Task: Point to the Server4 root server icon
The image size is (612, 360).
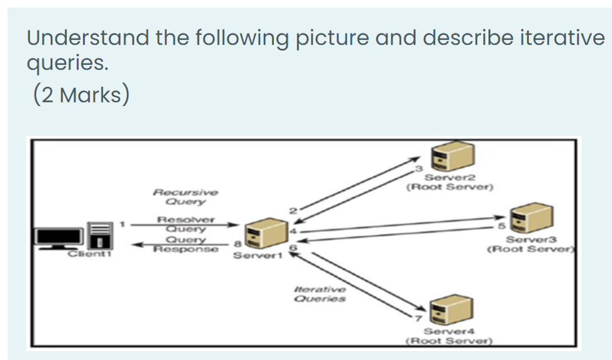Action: [x=449, y=310]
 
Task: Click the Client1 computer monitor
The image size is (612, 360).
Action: [x=59, y=237]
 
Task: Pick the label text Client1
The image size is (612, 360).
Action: [x=89, y=254]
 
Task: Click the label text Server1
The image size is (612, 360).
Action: [x=254, y=256]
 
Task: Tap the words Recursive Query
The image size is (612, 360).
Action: [x=186, y=196]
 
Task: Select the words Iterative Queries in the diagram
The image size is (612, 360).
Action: [x=320, y=294]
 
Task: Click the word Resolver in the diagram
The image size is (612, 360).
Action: [x=186, y=220]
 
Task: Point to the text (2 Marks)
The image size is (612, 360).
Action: [x=81, y=95]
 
